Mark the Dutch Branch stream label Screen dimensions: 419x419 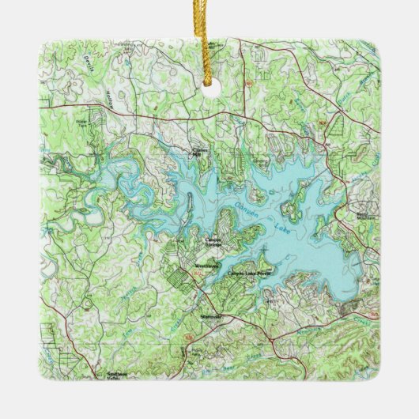[x=344, y=105]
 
